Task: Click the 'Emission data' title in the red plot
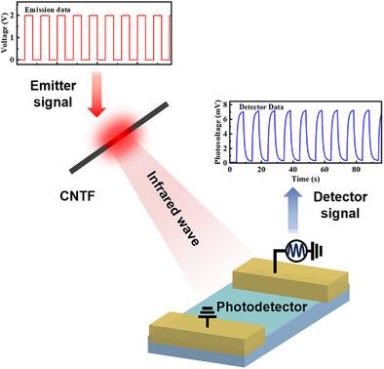(x=48, y=10)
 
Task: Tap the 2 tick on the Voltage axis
(x=12, y=16)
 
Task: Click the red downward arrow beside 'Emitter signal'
(x=96, y=95)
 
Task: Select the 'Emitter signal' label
(x=54, y=94)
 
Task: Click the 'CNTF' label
(x=77, y=196)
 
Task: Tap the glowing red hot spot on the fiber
(x=118, y=137)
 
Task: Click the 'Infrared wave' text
(x=173, y=209)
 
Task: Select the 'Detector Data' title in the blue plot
(x=261, y=107)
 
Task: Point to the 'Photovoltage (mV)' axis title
(x=217, y=132)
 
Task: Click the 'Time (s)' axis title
(x=305, y=179)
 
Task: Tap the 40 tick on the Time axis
(x=292, y=169)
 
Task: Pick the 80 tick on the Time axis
(x=356, y=169)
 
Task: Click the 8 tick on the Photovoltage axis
(x=226, y=104)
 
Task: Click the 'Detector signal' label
(x=340, y=205)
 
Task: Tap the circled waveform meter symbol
(x=297, y=251)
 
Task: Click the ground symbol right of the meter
(x=317, y=251)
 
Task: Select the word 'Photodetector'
(x=262, y=307)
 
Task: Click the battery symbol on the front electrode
(x=207, y=316)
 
